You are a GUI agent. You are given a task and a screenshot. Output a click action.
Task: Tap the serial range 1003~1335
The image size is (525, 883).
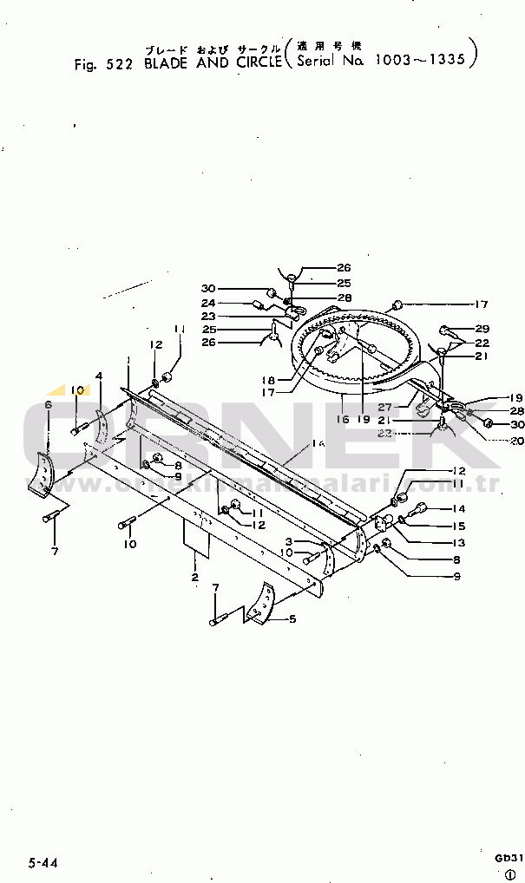pyautogui.click(x=420, y=61)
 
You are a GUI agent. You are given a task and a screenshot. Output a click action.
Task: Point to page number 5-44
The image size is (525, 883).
pyautogui.click(x=43, y=862)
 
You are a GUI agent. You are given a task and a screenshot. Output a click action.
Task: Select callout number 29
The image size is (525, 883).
pyautogui.click(x=483, y=329)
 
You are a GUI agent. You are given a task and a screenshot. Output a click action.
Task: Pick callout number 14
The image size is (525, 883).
pyautogui.click(x=459, y=509)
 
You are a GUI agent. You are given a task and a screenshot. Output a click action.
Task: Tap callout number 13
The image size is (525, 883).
pyautogui.click(x=458, y=542)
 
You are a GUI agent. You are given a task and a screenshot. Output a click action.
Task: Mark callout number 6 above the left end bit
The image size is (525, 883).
pyautogui.click(x=49, y=404)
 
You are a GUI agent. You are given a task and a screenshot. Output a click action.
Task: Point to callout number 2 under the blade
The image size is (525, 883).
pyautogui.click(x=195, y=577)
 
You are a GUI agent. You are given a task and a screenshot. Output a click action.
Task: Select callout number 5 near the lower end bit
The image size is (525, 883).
pyautogui.click(x=292, y=619)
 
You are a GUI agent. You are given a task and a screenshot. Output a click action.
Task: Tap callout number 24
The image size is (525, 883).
pyautogui.click(x=208, y=303)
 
